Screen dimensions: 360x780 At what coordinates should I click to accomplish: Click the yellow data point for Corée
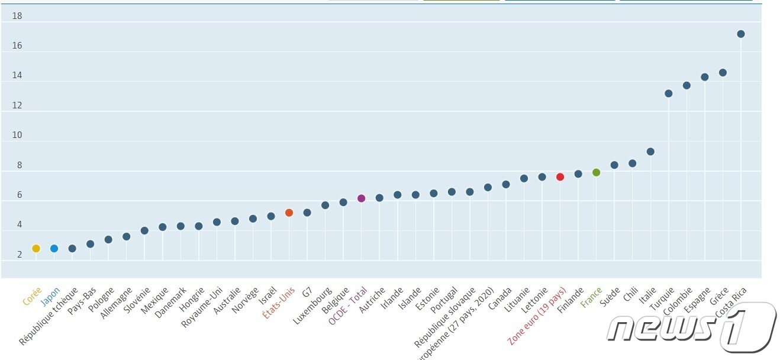(x=36, y=249)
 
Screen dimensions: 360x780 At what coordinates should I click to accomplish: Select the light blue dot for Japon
(x=54, y=249)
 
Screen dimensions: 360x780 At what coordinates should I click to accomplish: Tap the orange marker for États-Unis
(x=289, y=213)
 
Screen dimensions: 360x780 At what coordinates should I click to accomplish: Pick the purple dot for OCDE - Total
(x=361, y=198)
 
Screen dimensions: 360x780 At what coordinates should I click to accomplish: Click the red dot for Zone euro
(x=560, y=177)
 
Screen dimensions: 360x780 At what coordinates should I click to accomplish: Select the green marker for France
(x=596, y=172)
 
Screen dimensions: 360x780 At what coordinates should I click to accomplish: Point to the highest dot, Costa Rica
(x=740, y=34)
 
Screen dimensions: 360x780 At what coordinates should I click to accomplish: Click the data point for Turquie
(x=668, y=94)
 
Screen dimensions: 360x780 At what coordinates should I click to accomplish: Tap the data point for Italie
(x=650, y=152)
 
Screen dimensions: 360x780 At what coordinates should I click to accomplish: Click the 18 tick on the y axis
(x=17, y=16)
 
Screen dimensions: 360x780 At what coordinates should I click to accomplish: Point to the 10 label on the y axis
(x=17, y=135)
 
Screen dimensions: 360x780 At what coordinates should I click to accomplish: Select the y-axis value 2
(x=20, y=255)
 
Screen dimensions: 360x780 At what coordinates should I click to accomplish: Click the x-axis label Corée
(x=32, y=295)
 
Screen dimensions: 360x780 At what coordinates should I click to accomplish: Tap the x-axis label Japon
(x=50, y=295)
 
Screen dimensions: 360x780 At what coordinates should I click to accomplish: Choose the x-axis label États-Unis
(x=279, y=303)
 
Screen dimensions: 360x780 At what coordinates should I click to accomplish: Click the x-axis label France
(x=591, y=297)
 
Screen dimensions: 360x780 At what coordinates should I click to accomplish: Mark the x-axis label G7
(x=307, y=292)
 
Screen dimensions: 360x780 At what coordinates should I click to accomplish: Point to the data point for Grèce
(x=723, y=73)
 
